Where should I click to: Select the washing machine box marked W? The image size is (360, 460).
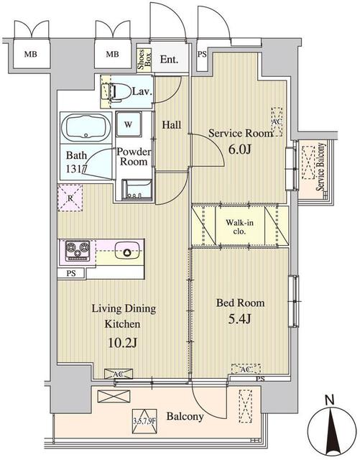point(128,124)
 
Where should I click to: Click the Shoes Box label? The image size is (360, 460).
point(144,59)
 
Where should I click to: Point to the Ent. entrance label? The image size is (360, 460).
point(170,60)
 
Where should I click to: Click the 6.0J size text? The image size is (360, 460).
point(239,149)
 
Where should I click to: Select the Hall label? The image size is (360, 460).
point(171,125)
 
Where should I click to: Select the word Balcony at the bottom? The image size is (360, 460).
point(185,416)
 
